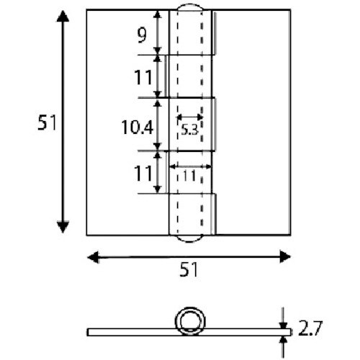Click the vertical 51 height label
pyautogui.click(x=47, y=124)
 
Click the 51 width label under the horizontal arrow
pyautogui.click(x=189, y=270)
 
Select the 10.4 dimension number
pyautogui.click(x=136, y=128)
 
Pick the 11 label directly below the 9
pyautogui.click(x=143, y=76)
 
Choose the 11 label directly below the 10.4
pyautogui.click(x=143, y=173)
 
